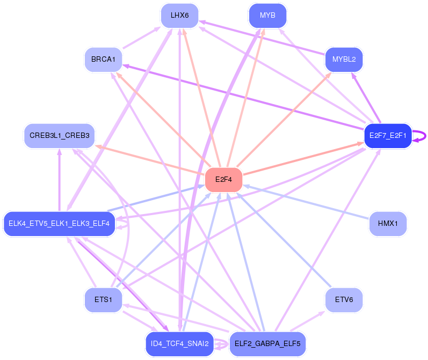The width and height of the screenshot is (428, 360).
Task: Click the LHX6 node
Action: tap(179, 16)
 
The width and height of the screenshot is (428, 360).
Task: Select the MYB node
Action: tap(267, 16)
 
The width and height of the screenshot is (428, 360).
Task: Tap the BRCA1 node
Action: tap(103, 60)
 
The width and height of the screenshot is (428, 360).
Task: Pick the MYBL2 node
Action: tap(344, 60)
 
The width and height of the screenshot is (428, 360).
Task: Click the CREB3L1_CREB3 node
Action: tap(60, 136)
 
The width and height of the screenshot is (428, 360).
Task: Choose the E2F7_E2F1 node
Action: tap(388, 136)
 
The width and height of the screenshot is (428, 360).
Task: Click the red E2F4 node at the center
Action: tap(223, 179)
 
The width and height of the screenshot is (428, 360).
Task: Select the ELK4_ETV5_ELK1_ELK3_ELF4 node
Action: tap(59, 224)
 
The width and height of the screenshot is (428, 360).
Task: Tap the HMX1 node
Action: tap(388, 224)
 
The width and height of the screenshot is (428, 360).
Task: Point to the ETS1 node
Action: tap(103, 300)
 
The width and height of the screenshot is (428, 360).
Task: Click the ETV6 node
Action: tap(344, 300)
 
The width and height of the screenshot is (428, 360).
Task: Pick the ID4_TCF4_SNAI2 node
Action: tap(179, 344)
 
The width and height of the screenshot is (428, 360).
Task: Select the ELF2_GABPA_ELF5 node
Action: tap(267, 344)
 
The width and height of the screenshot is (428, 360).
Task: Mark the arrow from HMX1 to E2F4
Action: tap(306, 202)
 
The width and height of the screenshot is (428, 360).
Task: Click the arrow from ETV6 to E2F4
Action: tap(284, 240)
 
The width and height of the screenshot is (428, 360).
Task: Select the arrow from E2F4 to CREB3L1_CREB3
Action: tap(150, 159)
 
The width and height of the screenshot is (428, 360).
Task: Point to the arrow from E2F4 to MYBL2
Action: tap(284, 120)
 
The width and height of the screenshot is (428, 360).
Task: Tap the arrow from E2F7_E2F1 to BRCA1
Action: tap(243, 97)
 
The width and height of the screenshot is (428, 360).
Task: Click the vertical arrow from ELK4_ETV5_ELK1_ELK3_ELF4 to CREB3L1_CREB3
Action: tap(60, 180)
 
